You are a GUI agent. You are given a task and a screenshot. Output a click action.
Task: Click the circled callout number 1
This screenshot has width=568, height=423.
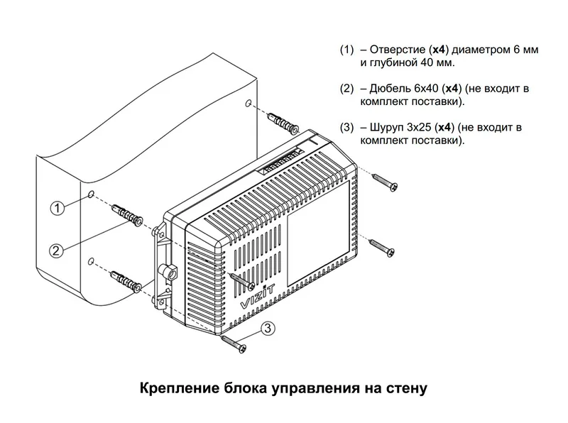click(x=57, y=208)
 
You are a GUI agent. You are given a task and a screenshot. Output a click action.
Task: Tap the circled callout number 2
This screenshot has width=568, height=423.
click(x=56, y=251)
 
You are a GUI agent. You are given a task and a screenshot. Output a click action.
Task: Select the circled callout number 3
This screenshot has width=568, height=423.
click(x=268, y=328)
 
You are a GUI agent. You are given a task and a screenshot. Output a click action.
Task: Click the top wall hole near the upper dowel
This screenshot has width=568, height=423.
click(x=248, y=103)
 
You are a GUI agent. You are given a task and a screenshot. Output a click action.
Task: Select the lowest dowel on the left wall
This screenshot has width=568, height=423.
click(x=127, y=281)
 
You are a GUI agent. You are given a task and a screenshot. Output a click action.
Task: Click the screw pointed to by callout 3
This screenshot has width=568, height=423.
click(x=234, y=344)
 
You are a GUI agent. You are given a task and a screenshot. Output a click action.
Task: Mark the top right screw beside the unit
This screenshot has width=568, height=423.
click(x=385, y=182)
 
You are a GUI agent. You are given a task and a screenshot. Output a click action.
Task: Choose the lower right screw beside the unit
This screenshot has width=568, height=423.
click(x=382, y=248)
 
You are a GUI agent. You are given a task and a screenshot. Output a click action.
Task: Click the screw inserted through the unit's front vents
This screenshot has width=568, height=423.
click(x=243, y=281)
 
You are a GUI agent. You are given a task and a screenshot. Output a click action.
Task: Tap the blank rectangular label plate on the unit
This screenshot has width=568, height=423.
click(x=319, y=233)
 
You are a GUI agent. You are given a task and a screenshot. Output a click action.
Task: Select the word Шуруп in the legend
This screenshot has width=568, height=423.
click(x=386, y=128)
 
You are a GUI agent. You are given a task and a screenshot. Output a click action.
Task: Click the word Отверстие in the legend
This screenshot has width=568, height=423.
click(x=398, y=49)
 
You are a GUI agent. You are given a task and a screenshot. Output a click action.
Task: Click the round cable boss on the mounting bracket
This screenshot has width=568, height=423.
click(x=168, y=272)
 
